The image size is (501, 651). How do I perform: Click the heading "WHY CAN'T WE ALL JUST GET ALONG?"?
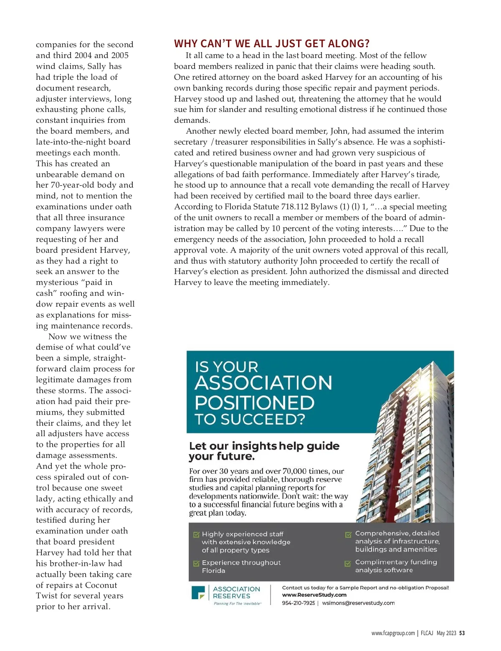point(272,43)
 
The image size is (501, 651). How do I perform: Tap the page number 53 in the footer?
point(462,633)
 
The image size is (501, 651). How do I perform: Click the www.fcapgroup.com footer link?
point(393,633)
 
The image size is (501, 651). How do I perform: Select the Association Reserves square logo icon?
point(198,593)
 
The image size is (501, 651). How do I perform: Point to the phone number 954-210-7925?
point(299,603)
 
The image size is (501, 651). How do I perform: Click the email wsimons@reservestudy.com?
point(358,603)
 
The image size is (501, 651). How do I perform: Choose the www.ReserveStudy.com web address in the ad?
point(314,595)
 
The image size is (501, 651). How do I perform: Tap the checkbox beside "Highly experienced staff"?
point(196,534)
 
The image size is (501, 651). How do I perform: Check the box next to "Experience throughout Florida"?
point(196,563)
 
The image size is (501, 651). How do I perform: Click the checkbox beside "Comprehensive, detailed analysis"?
point(348,534)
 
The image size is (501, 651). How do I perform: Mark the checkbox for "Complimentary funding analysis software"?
point(348,563)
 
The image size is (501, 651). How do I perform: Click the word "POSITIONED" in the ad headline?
point(254,402)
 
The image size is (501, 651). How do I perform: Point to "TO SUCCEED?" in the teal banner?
point(250,419)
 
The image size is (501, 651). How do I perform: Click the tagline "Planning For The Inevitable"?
point(237,603)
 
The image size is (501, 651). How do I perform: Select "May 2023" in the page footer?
point(446,633)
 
